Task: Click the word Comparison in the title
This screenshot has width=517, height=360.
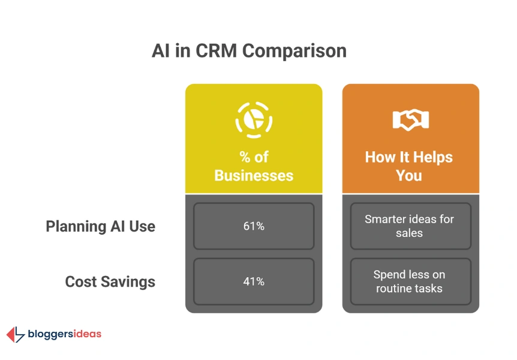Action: coord(294,52)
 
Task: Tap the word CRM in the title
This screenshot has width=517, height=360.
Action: coord(217,51)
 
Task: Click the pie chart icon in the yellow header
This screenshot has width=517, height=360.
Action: coord(254,120)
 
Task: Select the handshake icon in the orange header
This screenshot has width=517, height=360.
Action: coord(410,119)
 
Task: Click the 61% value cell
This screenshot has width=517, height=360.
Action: coord(254,226)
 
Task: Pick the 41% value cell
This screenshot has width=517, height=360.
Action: coord(254,281)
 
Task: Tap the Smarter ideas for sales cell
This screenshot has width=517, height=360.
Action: coord(410,226)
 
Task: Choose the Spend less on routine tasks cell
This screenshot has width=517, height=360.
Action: coord(410,281)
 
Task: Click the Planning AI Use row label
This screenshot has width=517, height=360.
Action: coord(101,227)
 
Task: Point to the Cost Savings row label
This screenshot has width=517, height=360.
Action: coord(110,282)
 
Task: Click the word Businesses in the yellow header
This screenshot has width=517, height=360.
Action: coord(254,176)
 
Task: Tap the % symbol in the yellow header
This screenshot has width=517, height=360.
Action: coord(245,157)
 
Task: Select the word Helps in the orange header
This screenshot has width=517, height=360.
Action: coord(433,158)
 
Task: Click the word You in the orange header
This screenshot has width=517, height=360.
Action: coord(409,176)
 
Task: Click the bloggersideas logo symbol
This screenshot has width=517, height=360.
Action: coord(16,335)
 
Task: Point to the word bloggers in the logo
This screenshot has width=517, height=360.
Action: coord(50,335)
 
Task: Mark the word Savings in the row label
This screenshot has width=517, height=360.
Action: coord(128,282)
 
